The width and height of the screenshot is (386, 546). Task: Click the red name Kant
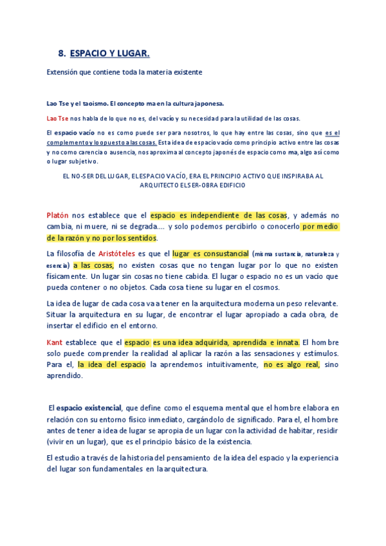pyautogui.click(x=55, y=342)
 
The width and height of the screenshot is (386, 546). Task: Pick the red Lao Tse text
pyautogui.click(x=57, y=118)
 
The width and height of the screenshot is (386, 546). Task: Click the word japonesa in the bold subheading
pyautogui.click(x=207, y=103)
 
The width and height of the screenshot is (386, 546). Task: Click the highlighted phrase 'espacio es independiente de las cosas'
pyautogui.click(x=219, y=215)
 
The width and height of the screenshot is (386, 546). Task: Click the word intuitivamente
pyautogui.click(x=225, y=364)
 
